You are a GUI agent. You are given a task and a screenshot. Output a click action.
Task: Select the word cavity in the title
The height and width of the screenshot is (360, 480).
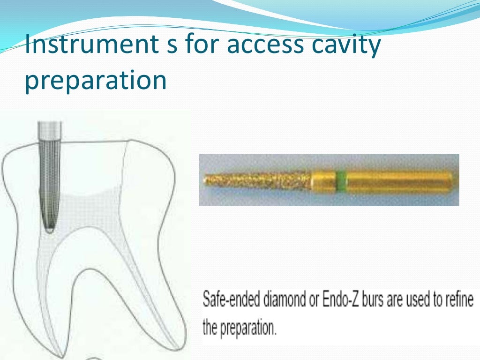coord(347,47)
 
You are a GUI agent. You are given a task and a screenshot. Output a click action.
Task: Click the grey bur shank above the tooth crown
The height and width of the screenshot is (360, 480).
coord(49,128)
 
